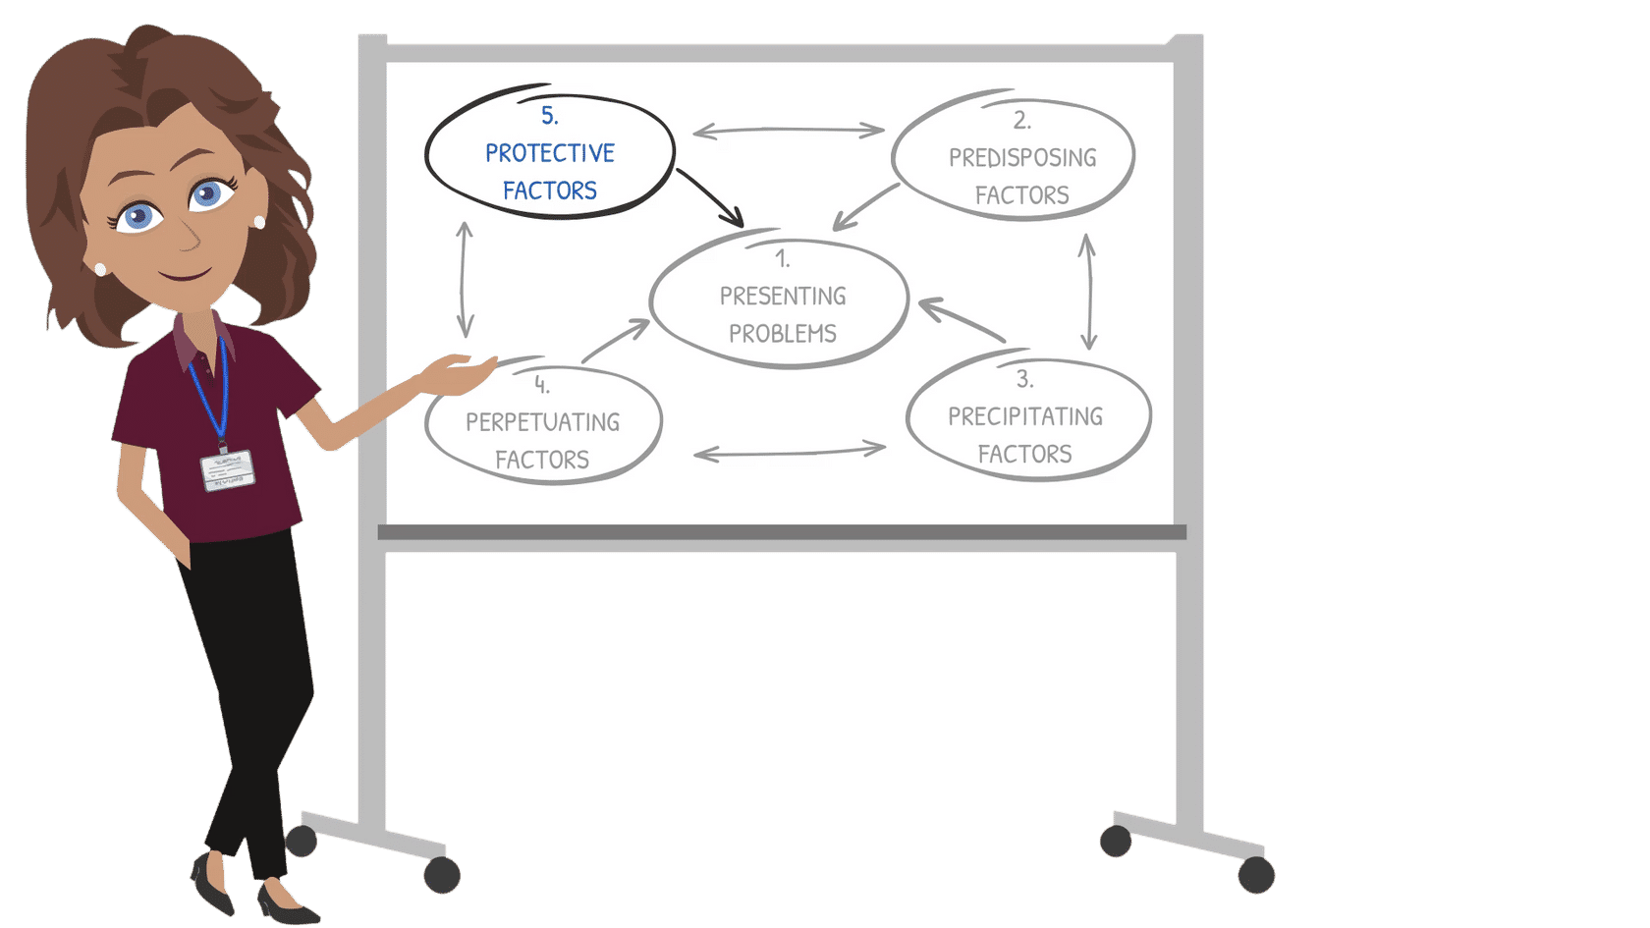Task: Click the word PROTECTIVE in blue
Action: (549, 153)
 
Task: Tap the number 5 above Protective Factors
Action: (549, 116)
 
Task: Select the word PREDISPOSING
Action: (1021, 158)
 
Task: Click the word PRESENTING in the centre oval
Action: (782, 297)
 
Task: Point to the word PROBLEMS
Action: (782, 334)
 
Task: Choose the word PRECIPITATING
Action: (1024, 417)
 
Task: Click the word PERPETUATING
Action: (542, 422)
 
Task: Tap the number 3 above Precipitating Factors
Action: (1023, 379)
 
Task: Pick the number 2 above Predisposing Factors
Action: (1021, 121)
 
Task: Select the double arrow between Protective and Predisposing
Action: (788, 130)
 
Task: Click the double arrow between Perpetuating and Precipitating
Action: (789, 452)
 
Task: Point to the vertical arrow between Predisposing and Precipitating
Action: (1087, 291)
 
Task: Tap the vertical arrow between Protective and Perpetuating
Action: (465, 279)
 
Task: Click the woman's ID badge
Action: (227, 469)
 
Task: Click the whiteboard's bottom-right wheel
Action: (1255, 874)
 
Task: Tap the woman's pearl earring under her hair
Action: (259, 222)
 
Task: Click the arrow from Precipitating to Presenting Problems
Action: (962, 321)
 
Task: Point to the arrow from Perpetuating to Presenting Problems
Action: (616, 341)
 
